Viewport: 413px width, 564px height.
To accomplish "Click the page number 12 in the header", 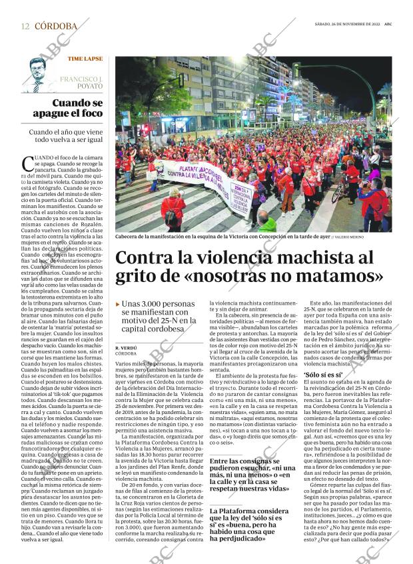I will [x=25, y=26].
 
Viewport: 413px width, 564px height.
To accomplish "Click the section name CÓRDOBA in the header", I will [x=55, y=26].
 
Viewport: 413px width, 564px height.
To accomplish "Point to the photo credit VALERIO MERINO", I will [x=350, y=236].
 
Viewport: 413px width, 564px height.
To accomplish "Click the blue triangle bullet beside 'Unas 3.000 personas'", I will [x=118, y=304].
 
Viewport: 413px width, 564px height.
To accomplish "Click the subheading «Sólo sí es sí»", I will [x=322, y=375].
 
